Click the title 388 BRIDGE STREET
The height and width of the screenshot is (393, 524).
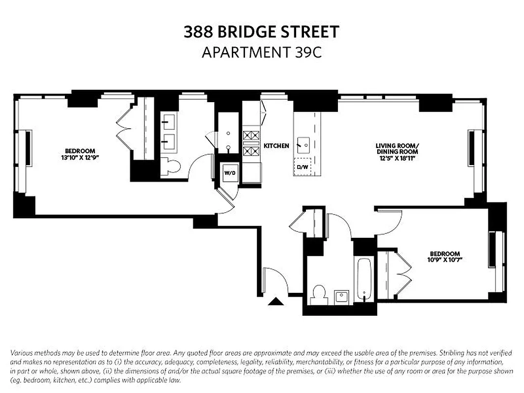261,32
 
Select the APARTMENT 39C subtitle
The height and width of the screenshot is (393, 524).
261,52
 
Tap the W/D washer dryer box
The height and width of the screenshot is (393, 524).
229,173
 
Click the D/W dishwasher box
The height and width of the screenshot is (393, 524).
302,167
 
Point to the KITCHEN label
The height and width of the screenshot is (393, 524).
276,146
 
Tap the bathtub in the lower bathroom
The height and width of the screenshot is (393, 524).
364,279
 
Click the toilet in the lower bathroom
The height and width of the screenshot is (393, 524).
319,293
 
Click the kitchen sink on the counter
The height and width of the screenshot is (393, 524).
303,144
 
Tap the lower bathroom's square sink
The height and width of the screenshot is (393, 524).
341,296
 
